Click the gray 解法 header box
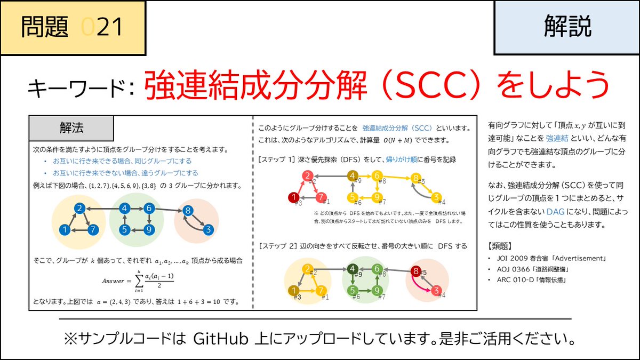[71, 129]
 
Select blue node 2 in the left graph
[80, 209]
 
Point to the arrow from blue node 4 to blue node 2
[102, 209]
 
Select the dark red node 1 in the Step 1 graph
[293, 198]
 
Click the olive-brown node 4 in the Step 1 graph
[352, 175]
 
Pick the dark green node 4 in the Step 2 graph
[352, 269]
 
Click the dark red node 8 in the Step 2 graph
[416, 271]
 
